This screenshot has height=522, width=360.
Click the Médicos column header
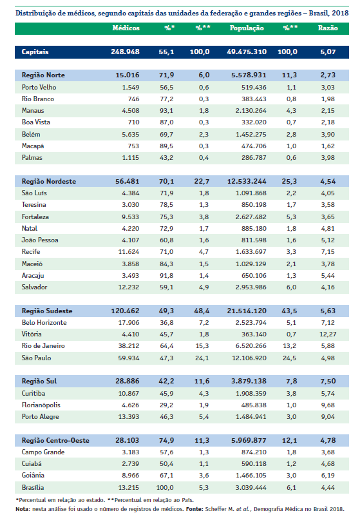tap(126, 28)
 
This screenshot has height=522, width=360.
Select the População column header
tap(247, 28)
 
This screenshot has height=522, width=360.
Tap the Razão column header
tap(328, 28)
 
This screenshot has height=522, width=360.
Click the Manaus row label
tap(33, 111)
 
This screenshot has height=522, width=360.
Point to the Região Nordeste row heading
tap(49, 182)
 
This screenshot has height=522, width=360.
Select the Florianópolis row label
tap(41, 405)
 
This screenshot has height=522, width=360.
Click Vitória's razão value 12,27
tap(328, 334)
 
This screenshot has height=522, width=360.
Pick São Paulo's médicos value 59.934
tap(129, 358)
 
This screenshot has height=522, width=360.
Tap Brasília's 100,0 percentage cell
tap(165, 488)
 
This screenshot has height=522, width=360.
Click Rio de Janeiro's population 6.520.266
tap(251, 346)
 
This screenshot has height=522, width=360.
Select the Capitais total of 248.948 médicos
tap(125, 52)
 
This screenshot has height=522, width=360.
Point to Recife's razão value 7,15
tap(328, 252)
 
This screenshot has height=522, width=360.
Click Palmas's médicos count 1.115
tap(131, 158)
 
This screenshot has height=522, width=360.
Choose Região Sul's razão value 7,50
tap(328, 381)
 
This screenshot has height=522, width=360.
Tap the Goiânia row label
tap(33, 476)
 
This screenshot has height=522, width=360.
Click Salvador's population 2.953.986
tap(251, 287)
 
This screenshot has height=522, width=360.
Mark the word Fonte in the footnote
tap(194, 509)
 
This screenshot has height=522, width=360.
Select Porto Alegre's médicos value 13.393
tap(129, 417)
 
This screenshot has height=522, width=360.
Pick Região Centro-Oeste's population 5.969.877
tap(249, 440)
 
